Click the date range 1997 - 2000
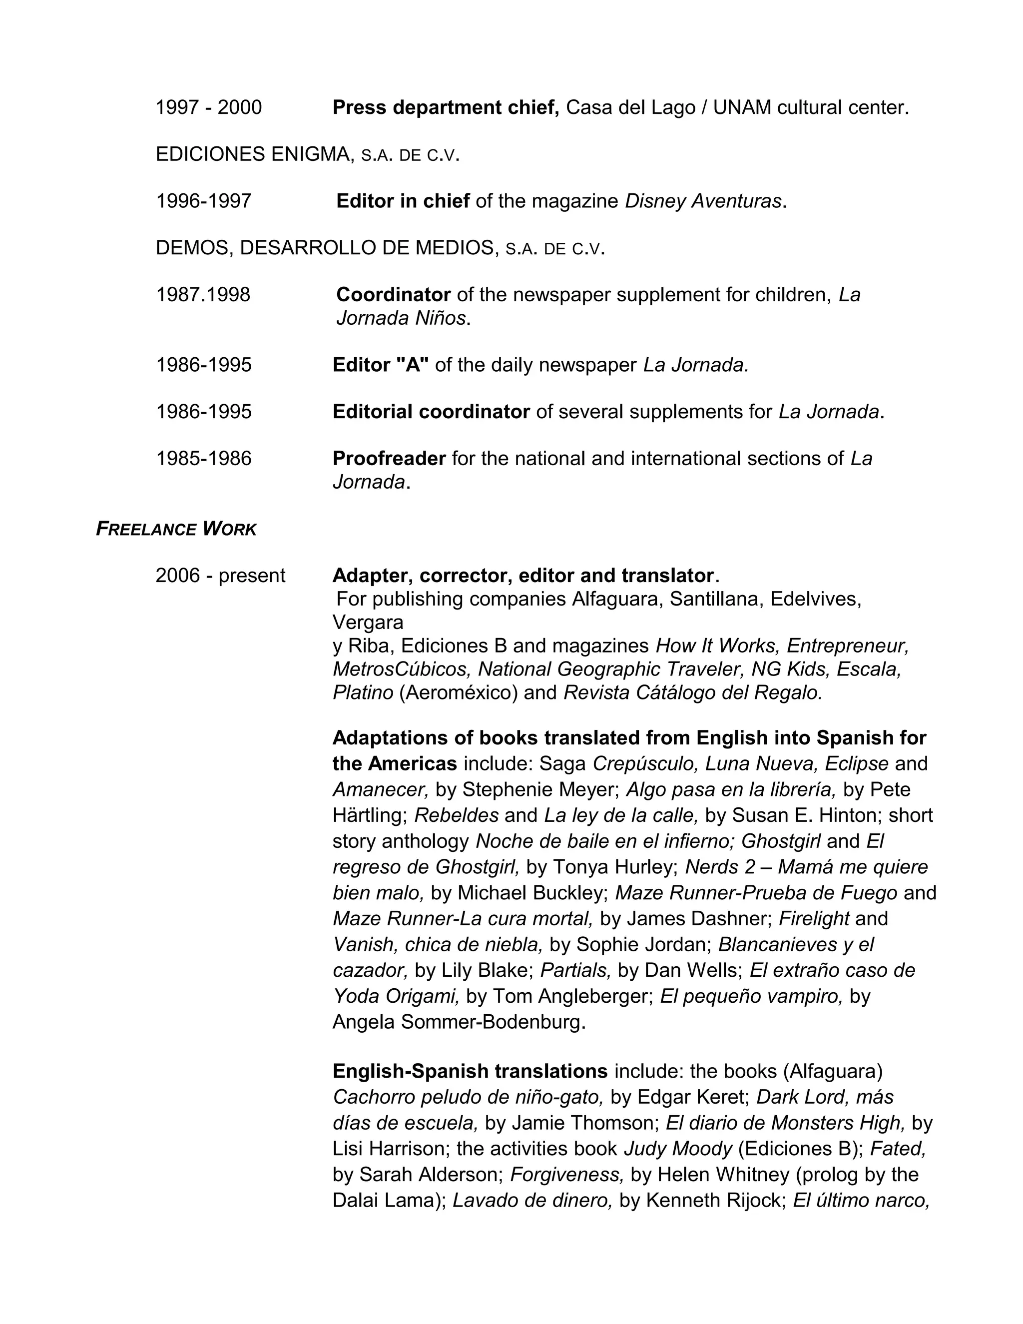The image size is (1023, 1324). point(208,107)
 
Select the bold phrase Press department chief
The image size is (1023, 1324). point(445,107)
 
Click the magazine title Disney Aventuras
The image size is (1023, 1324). point(703,201)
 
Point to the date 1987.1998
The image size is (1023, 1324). point(203,295)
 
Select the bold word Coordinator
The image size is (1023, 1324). point(393,295)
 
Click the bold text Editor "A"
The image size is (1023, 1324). point(381,365)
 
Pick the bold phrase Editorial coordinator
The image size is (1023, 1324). point(431,412)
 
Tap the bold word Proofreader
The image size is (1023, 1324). point(389,458)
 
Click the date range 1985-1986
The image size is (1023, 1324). point(204,458)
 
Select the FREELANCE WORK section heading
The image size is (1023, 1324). point(176,529)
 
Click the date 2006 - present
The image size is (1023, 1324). point(220,575)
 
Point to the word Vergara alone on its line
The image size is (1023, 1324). point(368,622)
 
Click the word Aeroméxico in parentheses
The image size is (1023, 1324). point(458,692)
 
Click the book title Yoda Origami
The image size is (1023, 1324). point(396,996)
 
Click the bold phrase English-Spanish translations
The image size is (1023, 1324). point(470,1071)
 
